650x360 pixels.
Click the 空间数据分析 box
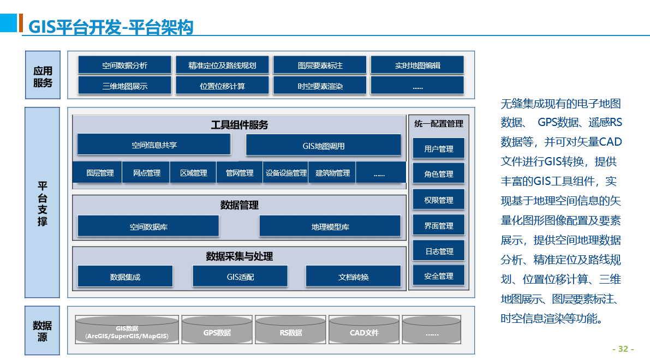(x=124, y=65)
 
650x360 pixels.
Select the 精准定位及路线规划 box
(x=222, y=65)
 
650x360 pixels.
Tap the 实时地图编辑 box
(x=417, y=65)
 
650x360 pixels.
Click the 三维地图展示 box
(x=124, y=85)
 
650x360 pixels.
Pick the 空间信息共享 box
(x=154, y=145)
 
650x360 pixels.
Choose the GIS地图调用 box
(x=323, y=146)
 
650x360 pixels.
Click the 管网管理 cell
(x=240, y=172)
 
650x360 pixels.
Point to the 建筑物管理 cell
(x=332, y=172)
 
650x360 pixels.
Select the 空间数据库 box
(x=148, y=226)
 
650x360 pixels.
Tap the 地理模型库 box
(x=330, y=226)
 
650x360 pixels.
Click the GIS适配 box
(x=240, y=277)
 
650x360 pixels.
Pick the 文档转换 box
(x=353, y=277)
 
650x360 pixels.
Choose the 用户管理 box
(x=439, y=148)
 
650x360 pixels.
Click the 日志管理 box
(x=439, y=251)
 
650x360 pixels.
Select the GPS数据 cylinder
(x=217, y=330)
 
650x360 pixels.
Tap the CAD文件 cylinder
(x=364, y=330)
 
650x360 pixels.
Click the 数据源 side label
(x=42, y=331)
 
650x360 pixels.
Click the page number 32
(x=623, y=349)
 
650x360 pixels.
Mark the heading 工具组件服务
(x=239, y=125)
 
